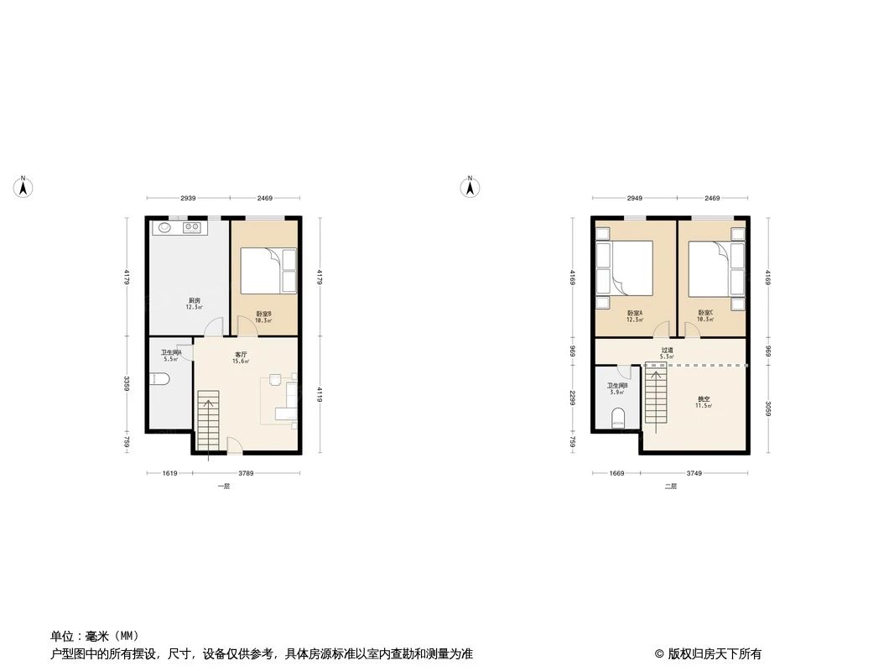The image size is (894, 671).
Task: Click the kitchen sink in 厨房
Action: point(163,226)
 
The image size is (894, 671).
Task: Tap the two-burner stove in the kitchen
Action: point(190,226)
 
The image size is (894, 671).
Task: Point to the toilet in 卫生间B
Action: point(620,417)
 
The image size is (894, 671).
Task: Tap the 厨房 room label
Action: point(194,300)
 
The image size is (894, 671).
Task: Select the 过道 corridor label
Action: point(667,351)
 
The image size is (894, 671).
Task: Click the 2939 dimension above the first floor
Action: point(188,198)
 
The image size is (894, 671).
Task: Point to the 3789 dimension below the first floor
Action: point(246,473)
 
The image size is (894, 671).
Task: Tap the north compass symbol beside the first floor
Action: point(24,186)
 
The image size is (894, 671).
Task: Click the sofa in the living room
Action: point(290,399)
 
